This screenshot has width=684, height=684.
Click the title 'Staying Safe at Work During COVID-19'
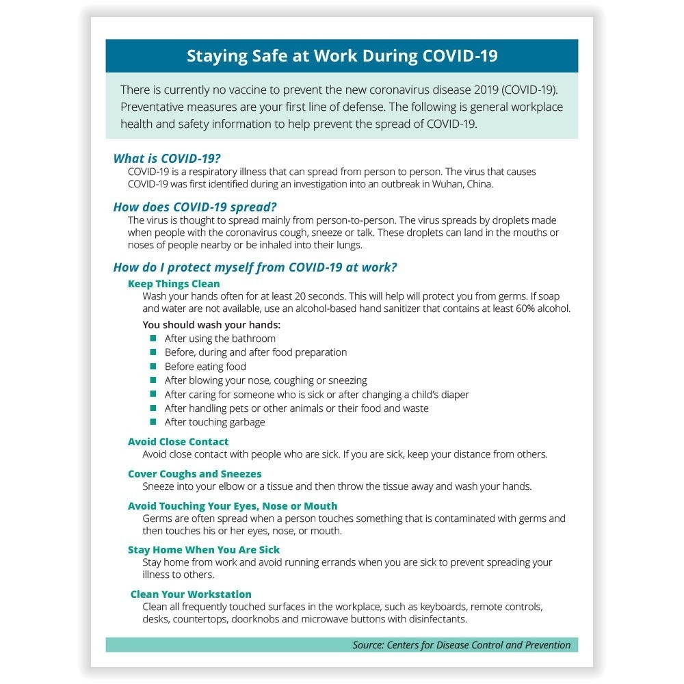(x=342, y=56)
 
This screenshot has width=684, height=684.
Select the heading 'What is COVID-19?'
(x=167, y=159)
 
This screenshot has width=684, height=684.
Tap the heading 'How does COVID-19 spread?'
(x=195, y=207)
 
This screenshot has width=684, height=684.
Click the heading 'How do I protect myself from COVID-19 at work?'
(x=254, y=267)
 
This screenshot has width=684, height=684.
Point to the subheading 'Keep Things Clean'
(x=174, y=284)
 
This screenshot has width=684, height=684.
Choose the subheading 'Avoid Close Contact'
(x=178, y=442)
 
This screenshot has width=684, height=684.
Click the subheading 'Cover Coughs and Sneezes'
(x=194, y=474)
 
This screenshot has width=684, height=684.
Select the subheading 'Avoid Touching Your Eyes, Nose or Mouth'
(x=233, y=506)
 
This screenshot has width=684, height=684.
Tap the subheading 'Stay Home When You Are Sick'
(x=204, y=550)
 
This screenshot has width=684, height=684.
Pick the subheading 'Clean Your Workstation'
(x=191, y=594)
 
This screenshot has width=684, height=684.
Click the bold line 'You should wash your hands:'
(x=211, y=325)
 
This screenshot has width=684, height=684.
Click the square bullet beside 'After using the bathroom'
(x=153, y=339)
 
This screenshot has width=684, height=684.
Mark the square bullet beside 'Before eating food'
(x=153, y=367)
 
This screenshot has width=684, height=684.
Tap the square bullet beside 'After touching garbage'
(x=153, y=422)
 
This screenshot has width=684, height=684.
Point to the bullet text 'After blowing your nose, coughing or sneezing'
(x=265, y=380)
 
